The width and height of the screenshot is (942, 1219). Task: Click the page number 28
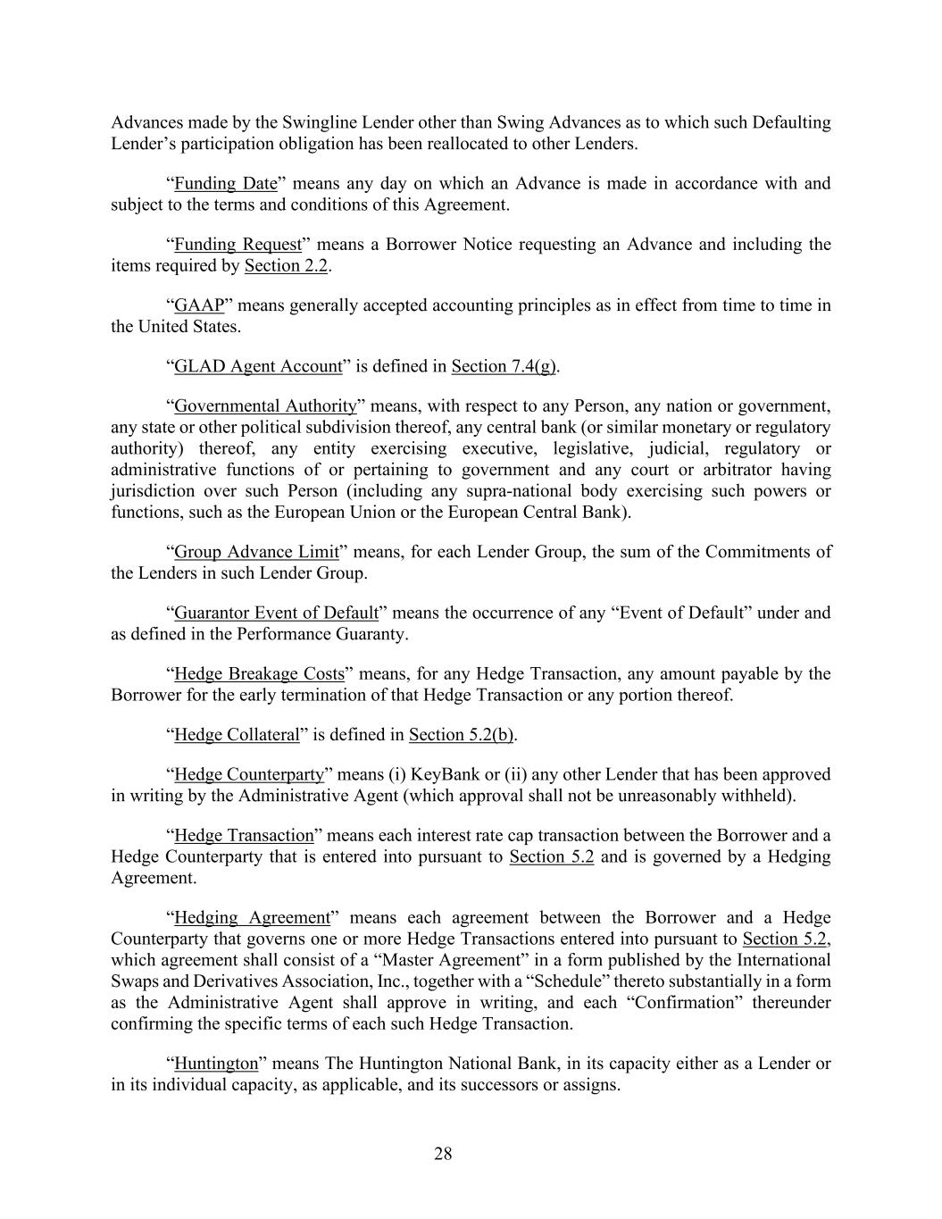(x=443, y=1154)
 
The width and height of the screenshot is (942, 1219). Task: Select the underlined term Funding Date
(x=226, y=184)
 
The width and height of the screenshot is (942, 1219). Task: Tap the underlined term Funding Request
(x=238, y=245)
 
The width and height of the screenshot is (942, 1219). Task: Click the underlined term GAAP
(x=198, y=305)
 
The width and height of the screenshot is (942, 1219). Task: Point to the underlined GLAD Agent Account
(x=258, y=366)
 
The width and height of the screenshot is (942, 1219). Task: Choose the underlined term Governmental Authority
(x=265, y=406)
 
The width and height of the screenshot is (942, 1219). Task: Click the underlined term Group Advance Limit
(x=256, y=552)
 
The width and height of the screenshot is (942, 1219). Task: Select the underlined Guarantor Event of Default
(x=276, y=613)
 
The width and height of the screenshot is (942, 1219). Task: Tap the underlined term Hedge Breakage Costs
(x=259, y=674)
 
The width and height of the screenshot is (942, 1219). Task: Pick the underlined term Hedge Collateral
(x=237, y=735)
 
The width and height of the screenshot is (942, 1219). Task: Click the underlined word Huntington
(x=216, y=1064)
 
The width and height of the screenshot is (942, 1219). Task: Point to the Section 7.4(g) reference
(x=504, y=366)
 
